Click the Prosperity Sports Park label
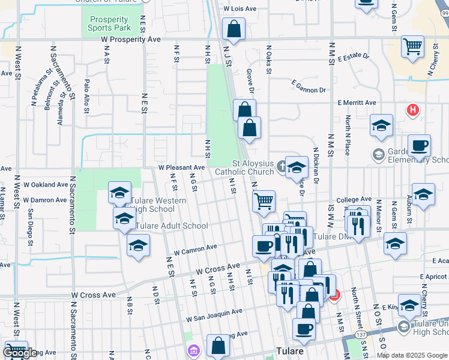[109, 23]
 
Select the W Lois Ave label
[240, 9]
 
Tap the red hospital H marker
[412, 110]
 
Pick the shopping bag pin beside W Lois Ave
[233, 29]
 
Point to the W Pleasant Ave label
[181, 167]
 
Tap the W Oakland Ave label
[43, 184]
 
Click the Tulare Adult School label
[172, 226]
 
